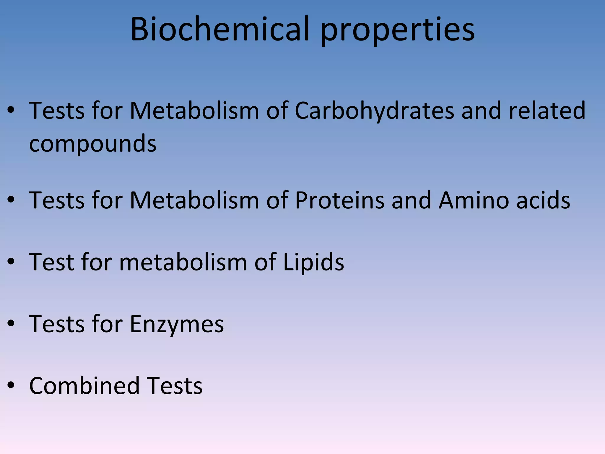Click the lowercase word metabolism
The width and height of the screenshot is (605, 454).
[183, 262]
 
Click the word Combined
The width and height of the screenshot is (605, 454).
[84, 386]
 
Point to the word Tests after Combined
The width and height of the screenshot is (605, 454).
[175, 386]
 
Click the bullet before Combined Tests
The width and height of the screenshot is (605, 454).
[11, 385]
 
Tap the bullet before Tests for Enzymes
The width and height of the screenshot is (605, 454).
[11, 324]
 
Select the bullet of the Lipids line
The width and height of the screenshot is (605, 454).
[11, 262]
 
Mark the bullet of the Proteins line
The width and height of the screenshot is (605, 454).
[11, 200]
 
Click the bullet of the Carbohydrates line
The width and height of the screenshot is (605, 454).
[11, 110]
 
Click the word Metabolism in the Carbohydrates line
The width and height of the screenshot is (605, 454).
[194, 111]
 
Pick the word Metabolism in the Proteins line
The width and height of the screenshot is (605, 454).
[194, 200]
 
